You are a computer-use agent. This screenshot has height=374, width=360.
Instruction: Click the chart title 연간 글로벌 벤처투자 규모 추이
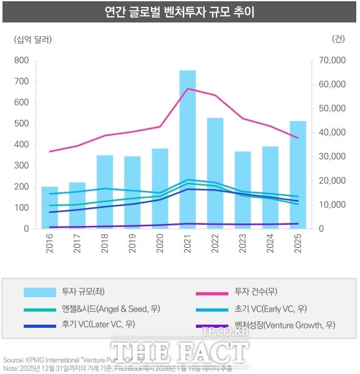point(180,12)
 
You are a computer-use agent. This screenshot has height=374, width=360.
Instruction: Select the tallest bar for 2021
point(188,150)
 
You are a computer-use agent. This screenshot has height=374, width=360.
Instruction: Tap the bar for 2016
point(49,207)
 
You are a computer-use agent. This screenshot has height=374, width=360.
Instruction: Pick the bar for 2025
point(298,175)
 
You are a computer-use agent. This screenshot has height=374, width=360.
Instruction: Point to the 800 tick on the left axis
point(21,61)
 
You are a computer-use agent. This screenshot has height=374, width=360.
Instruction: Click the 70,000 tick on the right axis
point(328,61)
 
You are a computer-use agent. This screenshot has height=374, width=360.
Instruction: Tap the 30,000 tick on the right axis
point(328,157)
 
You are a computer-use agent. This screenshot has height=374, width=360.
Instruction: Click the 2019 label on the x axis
point(132,242)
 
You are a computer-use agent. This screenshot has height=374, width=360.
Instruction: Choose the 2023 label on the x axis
point(243,242)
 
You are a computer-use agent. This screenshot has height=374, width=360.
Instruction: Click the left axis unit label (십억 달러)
point(32,39)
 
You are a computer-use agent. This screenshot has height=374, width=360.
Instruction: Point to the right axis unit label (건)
point(338,39)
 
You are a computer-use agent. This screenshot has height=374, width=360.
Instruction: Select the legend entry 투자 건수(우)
point(256,292)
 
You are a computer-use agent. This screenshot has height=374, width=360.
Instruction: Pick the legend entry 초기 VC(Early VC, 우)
point(270,308)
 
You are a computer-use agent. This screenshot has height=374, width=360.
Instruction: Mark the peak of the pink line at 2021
point(188,89)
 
